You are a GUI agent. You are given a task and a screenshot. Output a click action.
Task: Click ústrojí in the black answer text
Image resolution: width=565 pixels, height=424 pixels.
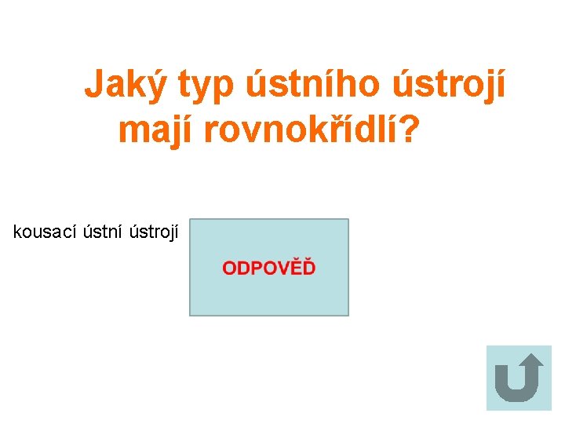click(x=154, y=232)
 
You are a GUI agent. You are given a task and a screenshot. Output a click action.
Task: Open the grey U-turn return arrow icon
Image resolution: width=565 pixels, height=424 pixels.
click(x=519, y=378)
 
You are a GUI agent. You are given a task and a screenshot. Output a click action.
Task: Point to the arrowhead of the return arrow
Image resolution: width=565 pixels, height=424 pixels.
click(x=531, y=361)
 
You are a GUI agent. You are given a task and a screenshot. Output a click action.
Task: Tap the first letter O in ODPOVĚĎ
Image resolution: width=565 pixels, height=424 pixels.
click(x=229, y=269)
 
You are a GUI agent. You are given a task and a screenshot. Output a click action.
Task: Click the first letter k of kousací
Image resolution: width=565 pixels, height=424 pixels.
click(x=17, y=232)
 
